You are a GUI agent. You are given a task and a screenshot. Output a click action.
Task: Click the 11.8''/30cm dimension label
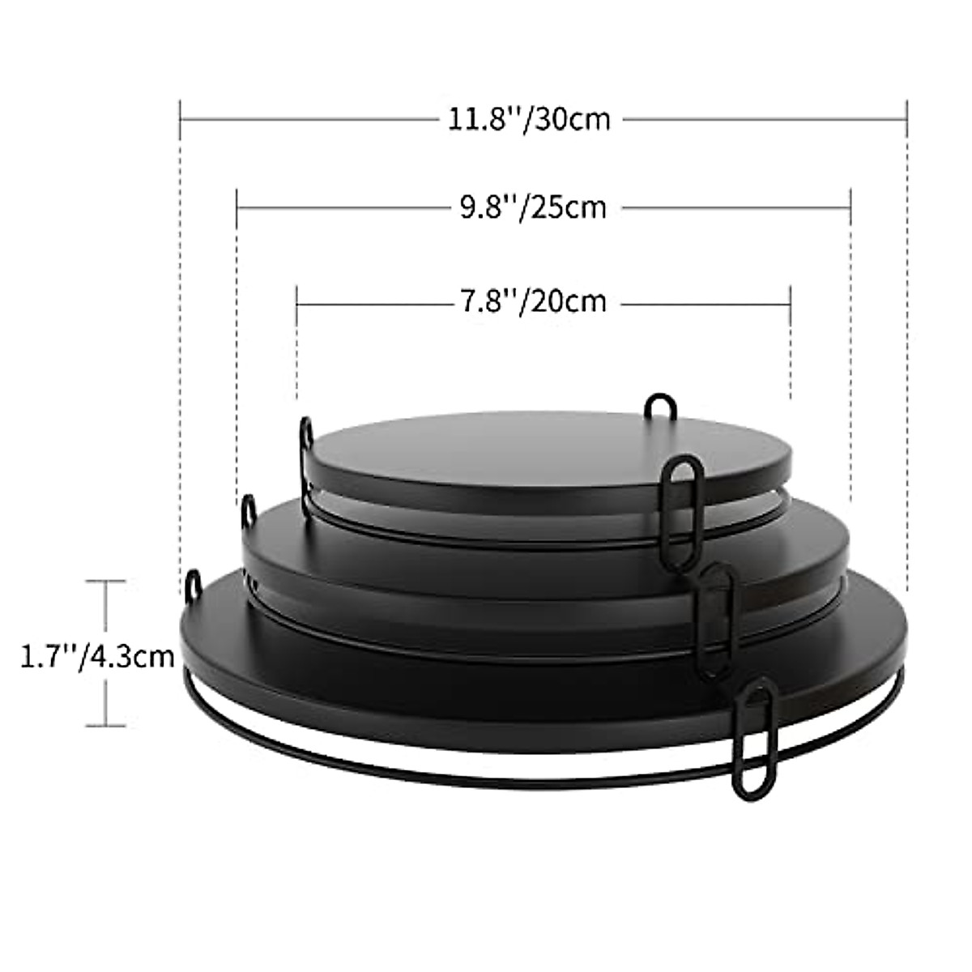pyautogui.click(x=529, y=119)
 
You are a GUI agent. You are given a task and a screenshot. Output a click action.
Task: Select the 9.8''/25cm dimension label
pyautogui.click(x=533, y=207)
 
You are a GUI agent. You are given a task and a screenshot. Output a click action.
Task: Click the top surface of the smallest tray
pyautogui.click(x=551, y=454)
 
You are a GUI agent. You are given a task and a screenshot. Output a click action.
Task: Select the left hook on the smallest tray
pyautogui.click(x=306, y=433)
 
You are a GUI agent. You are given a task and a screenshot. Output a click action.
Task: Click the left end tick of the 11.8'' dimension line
pyautogui.click(x=180, y=119)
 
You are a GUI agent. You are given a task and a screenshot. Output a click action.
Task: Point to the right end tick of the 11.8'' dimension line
pyautogui.click(x=906, y=119)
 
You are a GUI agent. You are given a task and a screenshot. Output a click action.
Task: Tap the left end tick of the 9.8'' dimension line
pyautogui.click(x=237, y=207)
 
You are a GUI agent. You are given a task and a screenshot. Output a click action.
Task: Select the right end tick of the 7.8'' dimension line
pyautogui.click(x=790, y=301)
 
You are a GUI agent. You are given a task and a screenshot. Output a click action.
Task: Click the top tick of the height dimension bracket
pyautogui.click(x=105, y=581)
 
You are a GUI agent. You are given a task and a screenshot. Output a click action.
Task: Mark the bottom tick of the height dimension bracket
pyautogui.click(x=105, y=725)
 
